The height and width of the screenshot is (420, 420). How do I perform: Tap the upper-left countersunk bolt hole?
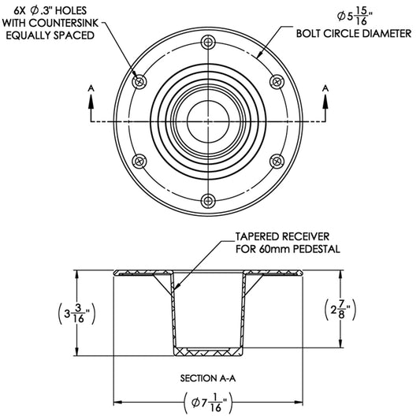(x=140, y=80)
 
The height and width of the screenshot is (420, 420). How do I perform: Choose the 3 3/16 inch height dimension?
(x=76, y=314)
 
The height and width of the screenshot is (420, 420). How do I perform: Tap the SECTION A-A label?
(x=209, y=377)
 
